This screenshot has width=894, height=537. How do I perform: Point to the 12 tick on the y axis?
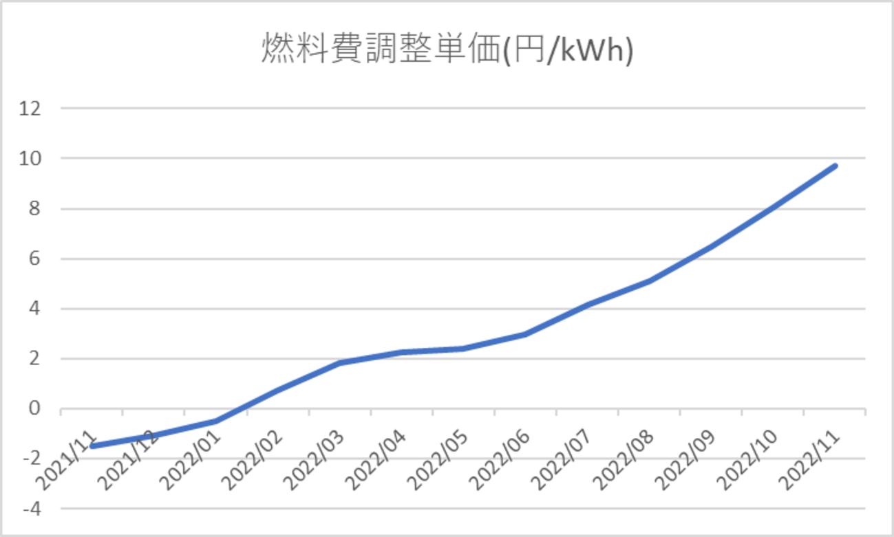point(32,108)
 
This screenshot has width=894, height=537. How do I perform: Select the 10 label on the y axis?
point(32,158)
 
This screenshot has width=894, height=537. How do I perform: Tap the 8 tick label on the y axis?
point(34,208)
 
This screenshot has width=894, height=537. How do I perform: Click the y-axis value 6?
point(34,259)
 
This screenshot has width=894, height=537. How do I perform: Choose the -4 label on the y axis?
point(32,509)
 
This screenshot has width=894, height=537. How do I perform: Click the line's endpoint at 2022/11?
point(835,166)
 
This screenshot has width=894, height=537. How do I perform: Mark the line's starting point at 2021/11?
point(92,446)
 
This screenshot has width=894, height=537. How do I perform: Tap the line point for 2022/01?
point(215,421)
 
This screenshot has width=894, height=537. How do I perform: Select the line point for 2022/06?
point(525,334)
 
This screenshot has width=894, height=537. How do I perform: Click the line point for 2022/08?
point(649,281)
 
